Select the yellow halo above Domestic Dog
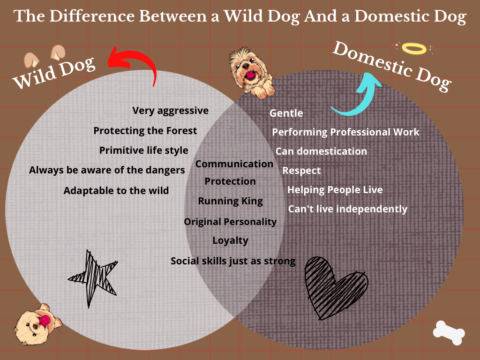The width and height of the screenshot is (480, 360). tap(414, 49)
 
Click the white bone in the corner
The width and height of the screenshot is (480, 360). tap(449, 333)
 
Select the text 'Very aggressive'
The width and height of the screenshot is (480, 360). tap(171, 111)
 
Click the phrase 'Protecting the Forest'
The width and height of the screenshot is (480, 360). tap(145, 131)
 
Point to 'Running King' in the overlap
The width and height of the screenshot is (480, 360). tap(231, 201)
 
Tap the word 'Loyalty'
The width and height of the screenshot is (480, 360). tap(231, 240)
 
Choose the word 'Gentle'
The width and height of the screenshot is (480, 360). tap(286, 113)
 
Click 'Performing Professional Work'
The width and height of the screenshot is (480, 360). tap(345, 132)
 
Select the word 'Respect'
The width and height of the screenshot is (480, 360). tap(301, 171)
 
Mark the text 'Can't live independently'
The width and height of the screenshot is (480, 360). tap(348, 209)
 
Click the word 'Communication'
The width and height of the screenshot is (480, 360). tap(234, 164)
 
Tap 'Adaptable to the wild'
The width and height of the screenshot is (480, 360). tap(116, 191)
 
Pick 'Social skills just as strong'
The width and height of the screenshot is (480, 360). tap(233, 261)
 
